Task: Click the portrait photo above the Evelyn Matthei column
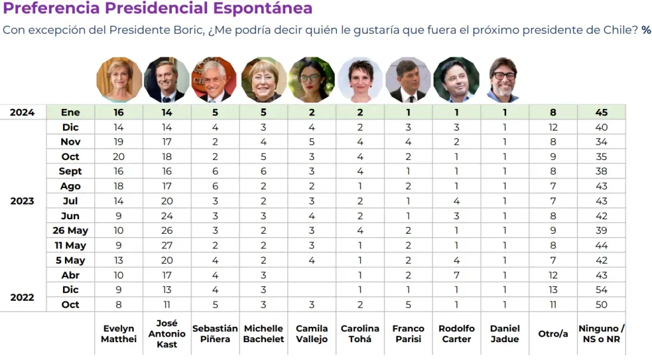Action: [119, 80]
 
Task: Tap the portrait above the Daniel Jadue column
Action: [504, 80]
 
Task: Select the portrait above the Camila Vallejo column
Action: [311, 80]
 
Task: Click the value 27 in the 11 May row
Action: [167, 245]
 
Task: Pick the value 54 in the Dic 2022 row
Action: [601, 290]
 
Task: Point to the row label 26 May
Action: [70, 231]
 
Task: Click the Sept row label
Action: [70, 171]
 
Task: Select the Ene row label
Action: [70, 112]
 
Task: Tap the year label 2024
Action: [22, 112]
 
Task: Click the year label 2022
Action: [22, 297]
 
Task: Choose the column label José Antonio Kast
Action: [167, 334]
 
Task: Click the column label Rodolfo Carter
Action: [457, 334]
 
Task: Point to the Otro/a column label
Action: [553, 334]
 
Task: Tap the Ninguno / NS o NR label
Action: [601, 334]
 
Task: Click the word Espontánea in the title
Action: [262, 8]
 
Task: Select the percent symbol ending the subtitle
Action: [646, 30]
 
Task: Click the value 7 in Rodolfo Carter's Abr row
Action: [457, 275]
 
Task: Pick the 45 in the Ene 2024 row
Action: [601, 112]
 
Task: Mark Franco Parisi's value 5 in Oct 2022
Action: [408, 305]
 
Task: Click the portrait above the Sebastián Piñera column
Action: [215, 80]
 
